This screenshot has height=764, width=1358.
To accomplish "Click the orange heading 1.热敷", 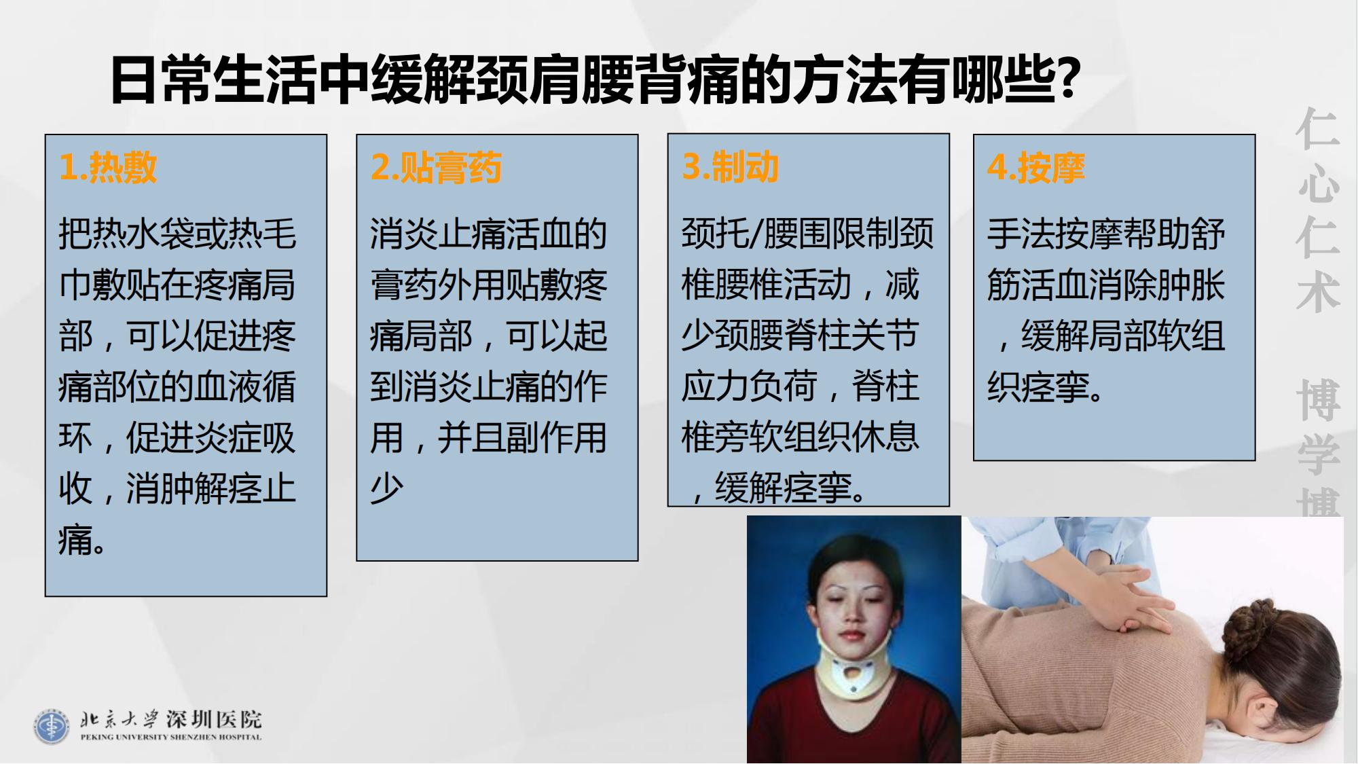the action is [109, 167].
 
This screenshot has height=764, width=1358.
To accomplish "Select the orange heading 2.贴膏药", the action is [437, 167].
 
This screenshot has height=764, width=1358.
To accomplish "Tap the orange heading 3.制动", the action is [731, 167].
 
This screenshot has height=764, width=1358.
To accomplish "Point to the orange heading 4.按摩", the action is [1036, 167].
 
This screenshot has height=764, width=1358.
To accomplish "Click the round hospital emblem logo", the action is [52, 726].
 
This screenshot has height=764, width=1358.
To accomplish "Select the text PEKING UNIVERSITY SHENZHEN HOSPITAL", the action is [170, 737].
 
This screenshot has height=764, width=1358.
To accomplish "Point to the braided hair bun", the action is [1260, 621].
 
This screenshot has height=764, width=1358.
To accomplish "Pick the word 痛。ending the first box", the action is [81, 540].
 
